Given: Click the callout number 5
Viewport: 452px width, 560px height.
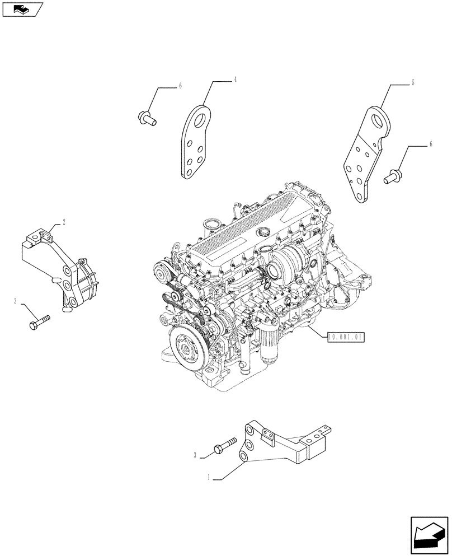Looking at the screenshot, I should (x=413, y=83).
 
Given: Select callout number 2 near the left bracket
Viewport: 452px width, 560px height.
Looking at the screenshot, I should (x=64, y=222).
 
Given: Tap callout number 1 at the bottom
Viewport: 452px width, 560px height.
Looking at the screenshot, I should (x=209, y=478).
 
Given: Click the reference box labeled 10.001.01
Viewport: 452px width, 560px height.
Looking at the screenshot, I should (x=347, y=337).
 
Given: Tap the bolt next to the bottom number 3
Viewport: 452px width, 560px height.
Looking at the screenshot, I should (x=223, y=446).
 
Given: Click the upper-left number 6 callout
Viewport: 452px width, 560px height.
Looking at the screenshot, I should (x=181, y=86).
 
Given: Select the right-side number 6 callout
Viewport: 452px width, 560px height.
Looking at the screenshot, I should (x=430, y=144).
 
